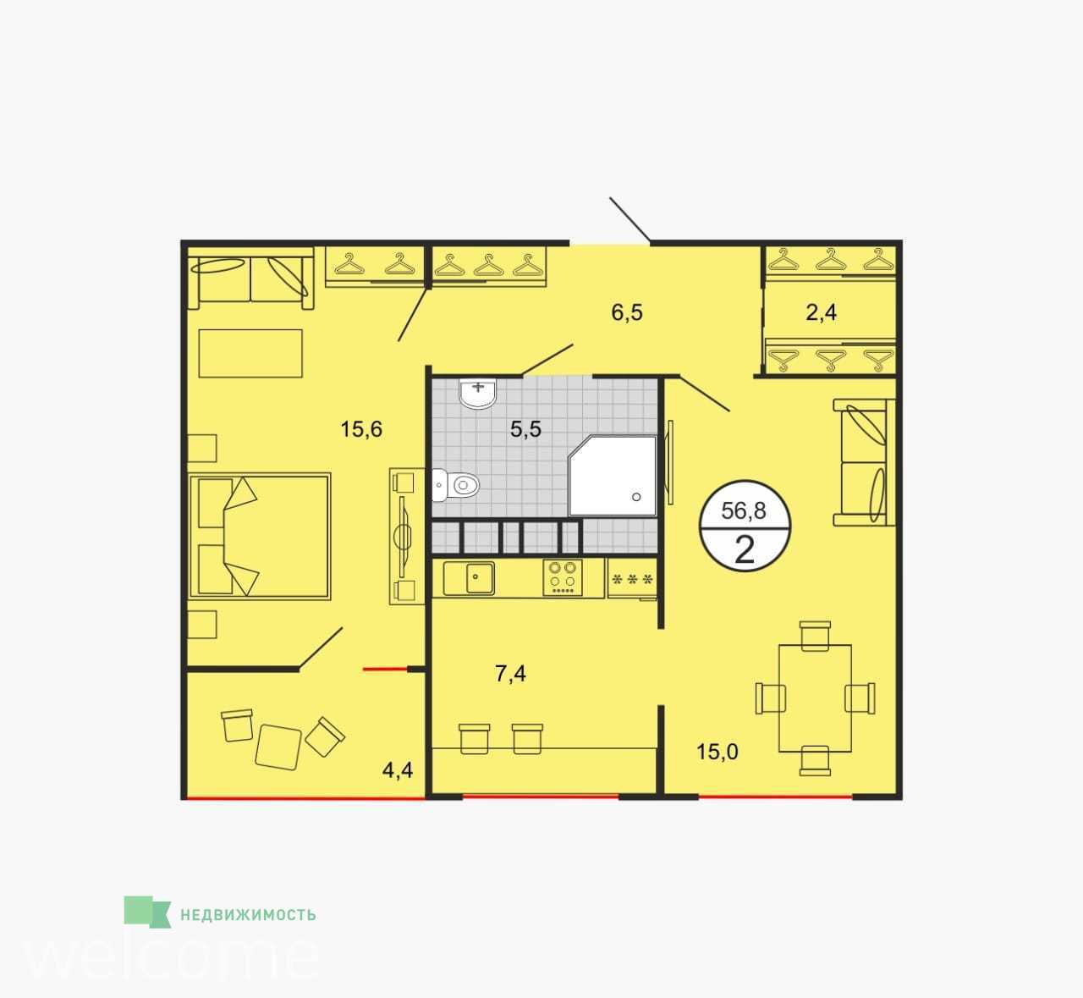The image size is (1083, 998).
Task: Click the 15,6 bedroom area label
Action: pos(361,429)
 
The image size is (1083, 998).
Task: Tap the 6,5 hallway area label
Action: pos(627,312)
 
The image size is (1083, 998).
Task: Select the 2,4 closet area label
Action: pos(822,312)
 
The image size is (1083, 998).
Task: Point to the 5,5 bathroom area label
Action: pos(525,429)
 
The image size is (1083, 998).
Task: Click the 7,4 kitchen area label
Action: pos(510,674)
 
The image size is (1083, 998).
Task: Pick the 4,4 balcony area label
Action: pos(398,770)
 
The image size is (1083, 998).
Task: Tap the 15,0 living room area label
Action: pos(717,752)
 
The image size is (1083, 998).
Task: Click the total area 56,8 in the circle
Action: pos(744,510)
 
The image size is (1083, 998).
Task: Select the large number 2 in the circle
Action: pos(745,550)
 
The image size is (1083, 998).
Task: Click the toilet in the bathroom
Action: pos(456,485)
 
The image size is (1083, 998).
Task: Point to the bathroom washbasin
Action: pos(478,394)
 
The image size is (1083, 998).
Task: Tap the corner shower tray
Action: pos(613,476)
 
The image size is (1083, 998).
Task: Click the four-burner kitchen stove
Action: pos(563,578)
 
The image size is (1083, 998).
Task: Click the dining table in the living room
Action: pos(815,698)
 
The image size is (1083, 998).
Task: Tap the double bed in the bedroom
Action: pos(259,538)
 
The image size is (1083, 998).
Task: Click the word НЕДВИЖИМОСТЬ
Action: pos(248,915)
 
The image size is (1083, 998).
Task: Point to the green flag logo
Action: pos(147,913)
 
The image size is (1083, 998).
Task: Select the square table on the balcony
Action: pos(278,747)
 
